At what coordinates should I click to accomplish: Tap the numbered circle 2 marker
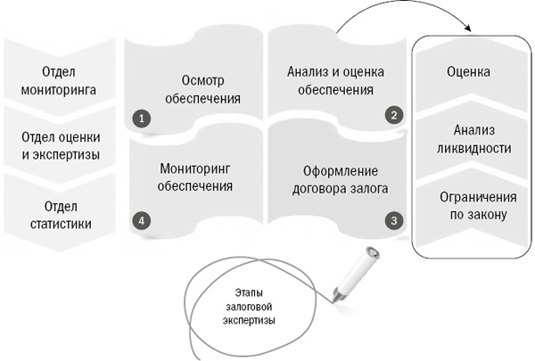tap(392, 115)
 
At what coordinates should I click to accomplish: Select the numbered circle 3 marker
tap(392, 218)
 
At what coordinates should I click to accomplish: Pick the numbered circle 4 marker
tap(138, 218)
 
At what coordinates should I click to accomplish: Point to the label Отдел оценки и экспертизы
tap(60, 145)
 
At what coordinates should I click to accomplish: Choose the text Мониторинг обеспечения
tap(196, 177)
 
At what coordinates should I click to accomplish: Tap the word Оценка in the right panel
tap(469, 70)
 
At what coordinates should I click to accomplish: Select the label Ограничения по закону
tap(469, 205)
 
